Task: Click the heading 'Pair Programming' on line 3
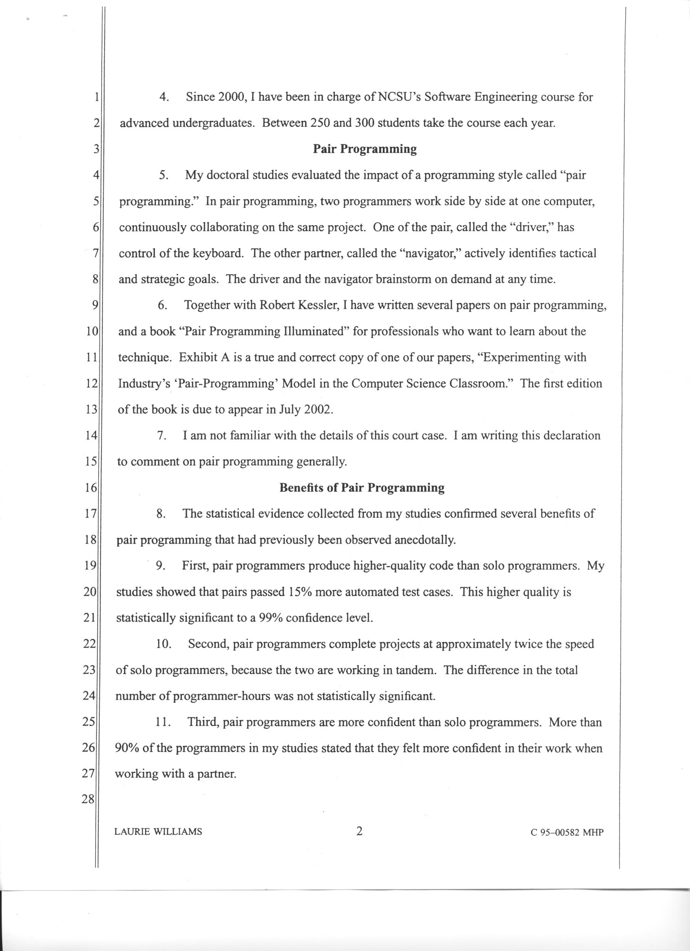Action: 365,149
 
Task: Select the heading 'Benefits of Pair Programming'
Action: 362,487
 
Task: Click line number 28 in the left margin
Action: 89,799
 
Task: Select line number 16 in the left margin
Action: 91,487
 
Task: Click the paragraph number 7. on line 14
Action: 162,436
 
